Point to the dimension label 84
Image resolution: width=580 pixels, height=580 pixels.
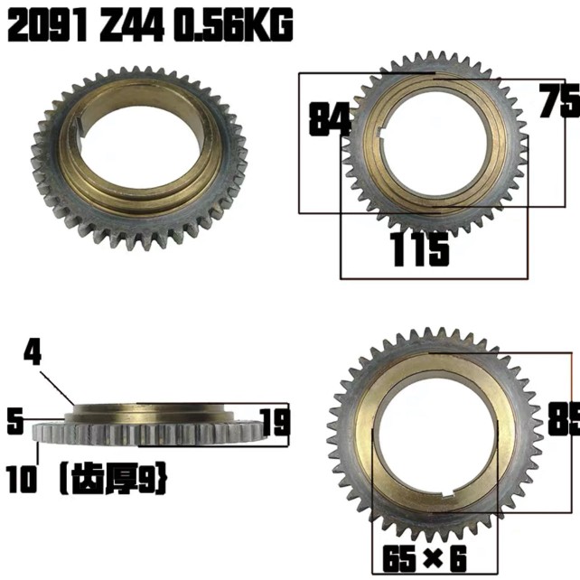pyautogui.click(x=329, y=119)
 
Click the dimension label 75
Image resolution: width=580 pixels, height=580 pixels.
pyautogui.click(x=558, y=102)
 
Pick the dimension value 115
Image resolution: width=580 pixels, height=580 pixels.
pyautogui.click(x=419, y=250)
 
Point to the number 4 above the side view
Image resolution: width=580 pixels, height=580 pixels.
pyautogui.click(x=33, y=353)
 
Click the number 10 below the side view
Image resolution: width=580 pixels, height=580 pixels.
pyautogui.click(x=21, y=480)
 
